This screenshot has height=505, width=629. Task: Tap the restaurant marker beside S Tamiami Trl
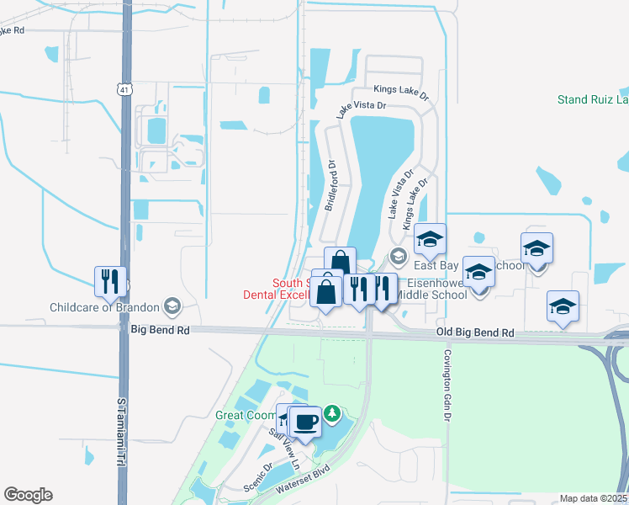click(110, 280)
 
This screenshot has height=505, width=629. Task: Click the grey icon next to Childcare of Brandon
click(173, 305)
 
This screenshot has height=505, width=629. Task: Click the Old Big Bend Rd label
click(475, 333)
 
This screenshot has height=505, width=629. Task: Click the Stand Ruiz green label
click(592, 100)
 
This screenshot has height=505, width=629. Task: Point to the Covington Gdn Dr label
click(448, 386)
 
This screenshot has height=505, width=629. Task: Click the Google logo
click(28, 495)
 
